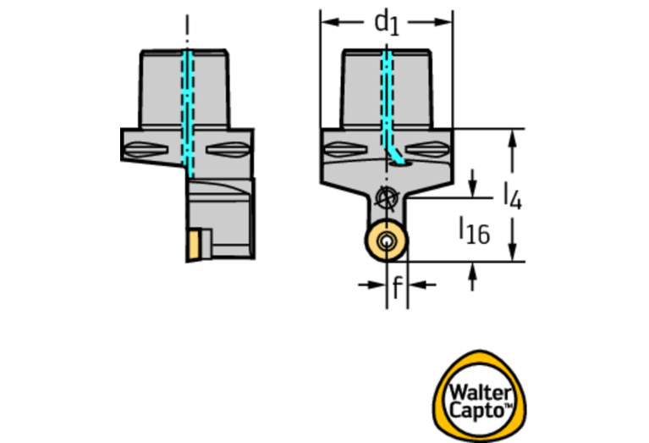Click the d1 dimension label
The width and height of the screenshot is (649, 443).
(x=387, y=24)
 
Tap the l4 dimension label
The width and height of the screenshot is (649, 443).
(x=513, y=196)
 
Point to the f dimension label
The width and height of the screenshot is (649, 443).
(x=397, y=286)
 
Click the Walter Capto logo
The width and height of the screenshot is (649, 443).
(x=479, y=396)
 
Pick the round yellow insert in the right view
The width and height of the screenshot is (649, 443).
(x=386, y=241)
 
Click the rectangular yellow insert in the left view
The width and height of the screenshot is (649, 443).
(x=194, y=246)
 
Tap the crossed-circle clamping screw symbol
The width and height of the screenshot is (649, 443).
(x=386, y=197)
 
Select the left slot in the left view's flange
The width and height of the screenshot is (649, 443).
(x=146, y=149)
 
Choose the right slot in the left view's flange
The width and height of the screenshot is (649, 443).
(x=228, y=149)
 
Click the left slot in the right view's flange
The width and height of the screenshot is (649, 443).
(x=346, y=149)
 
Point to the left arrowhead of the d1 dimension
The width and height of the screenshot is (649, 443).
(x=330, y=21)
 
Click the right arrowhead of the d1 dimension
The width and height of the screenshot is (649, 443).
(x=443, y=21)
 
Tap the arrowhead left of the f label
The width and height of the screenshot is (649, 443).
(x=377, y=285)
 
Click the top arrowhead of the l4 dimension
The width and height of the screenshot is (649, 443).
(x=513, y=138)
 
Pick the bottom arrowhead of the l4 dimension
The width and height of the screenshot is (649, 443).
(x=513, y=252)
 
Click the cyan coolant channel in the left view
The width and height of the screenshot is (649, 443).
(x=188, y=114)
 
